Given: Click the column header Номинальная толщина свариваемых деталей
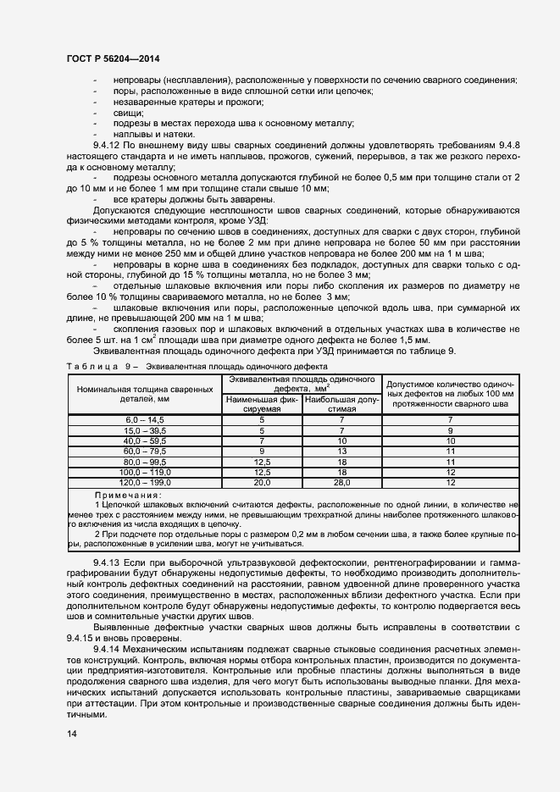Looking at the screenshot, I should click(144, 392).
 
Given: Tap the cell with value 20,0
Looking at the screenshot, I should click(262, 481).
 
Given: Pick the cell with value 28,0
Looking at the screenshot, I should click(341, 481).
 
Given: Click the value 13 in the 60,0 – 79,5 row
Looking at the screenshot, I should click(341, 451).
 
